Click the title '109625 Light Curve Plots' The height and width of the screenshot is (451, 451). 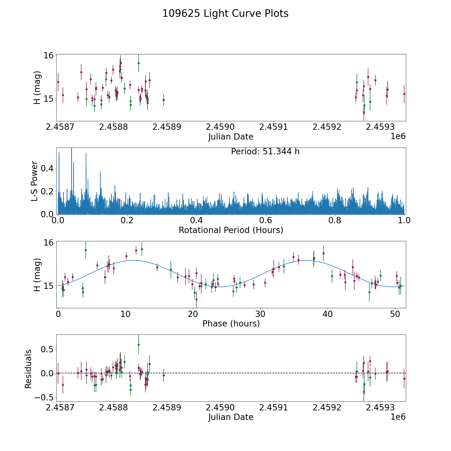click(225, 14)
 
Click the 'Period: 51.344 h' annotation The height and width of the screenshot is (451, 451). click(265, 152)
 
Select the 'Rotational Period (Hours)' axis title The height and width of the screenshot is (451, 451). click(231, 230)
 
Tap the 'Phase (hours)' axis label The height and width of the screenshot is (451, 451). click(231, 323)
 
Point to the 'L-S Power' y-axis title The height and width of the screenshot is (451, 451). click(35, 181)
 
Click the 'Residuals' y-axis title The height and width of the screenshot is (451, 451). click(28, 369)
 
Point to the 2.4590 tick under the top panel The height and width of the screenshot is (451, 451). click(220, 127)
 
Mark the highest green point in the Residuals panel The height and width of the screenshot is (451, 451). click(139, 345)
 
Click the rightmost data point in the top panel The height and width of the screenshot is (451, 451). click(404, 94)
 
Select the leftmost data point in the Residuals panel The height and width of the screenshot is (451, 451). click(58, 373)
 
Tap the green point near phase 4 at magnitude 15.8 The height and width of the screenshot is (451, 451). click(86, 250)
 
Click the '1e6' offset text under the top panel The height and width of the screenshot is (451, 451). click(398, 136)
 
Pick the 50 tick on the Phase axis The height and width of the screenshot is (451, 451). click(395, 314)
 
